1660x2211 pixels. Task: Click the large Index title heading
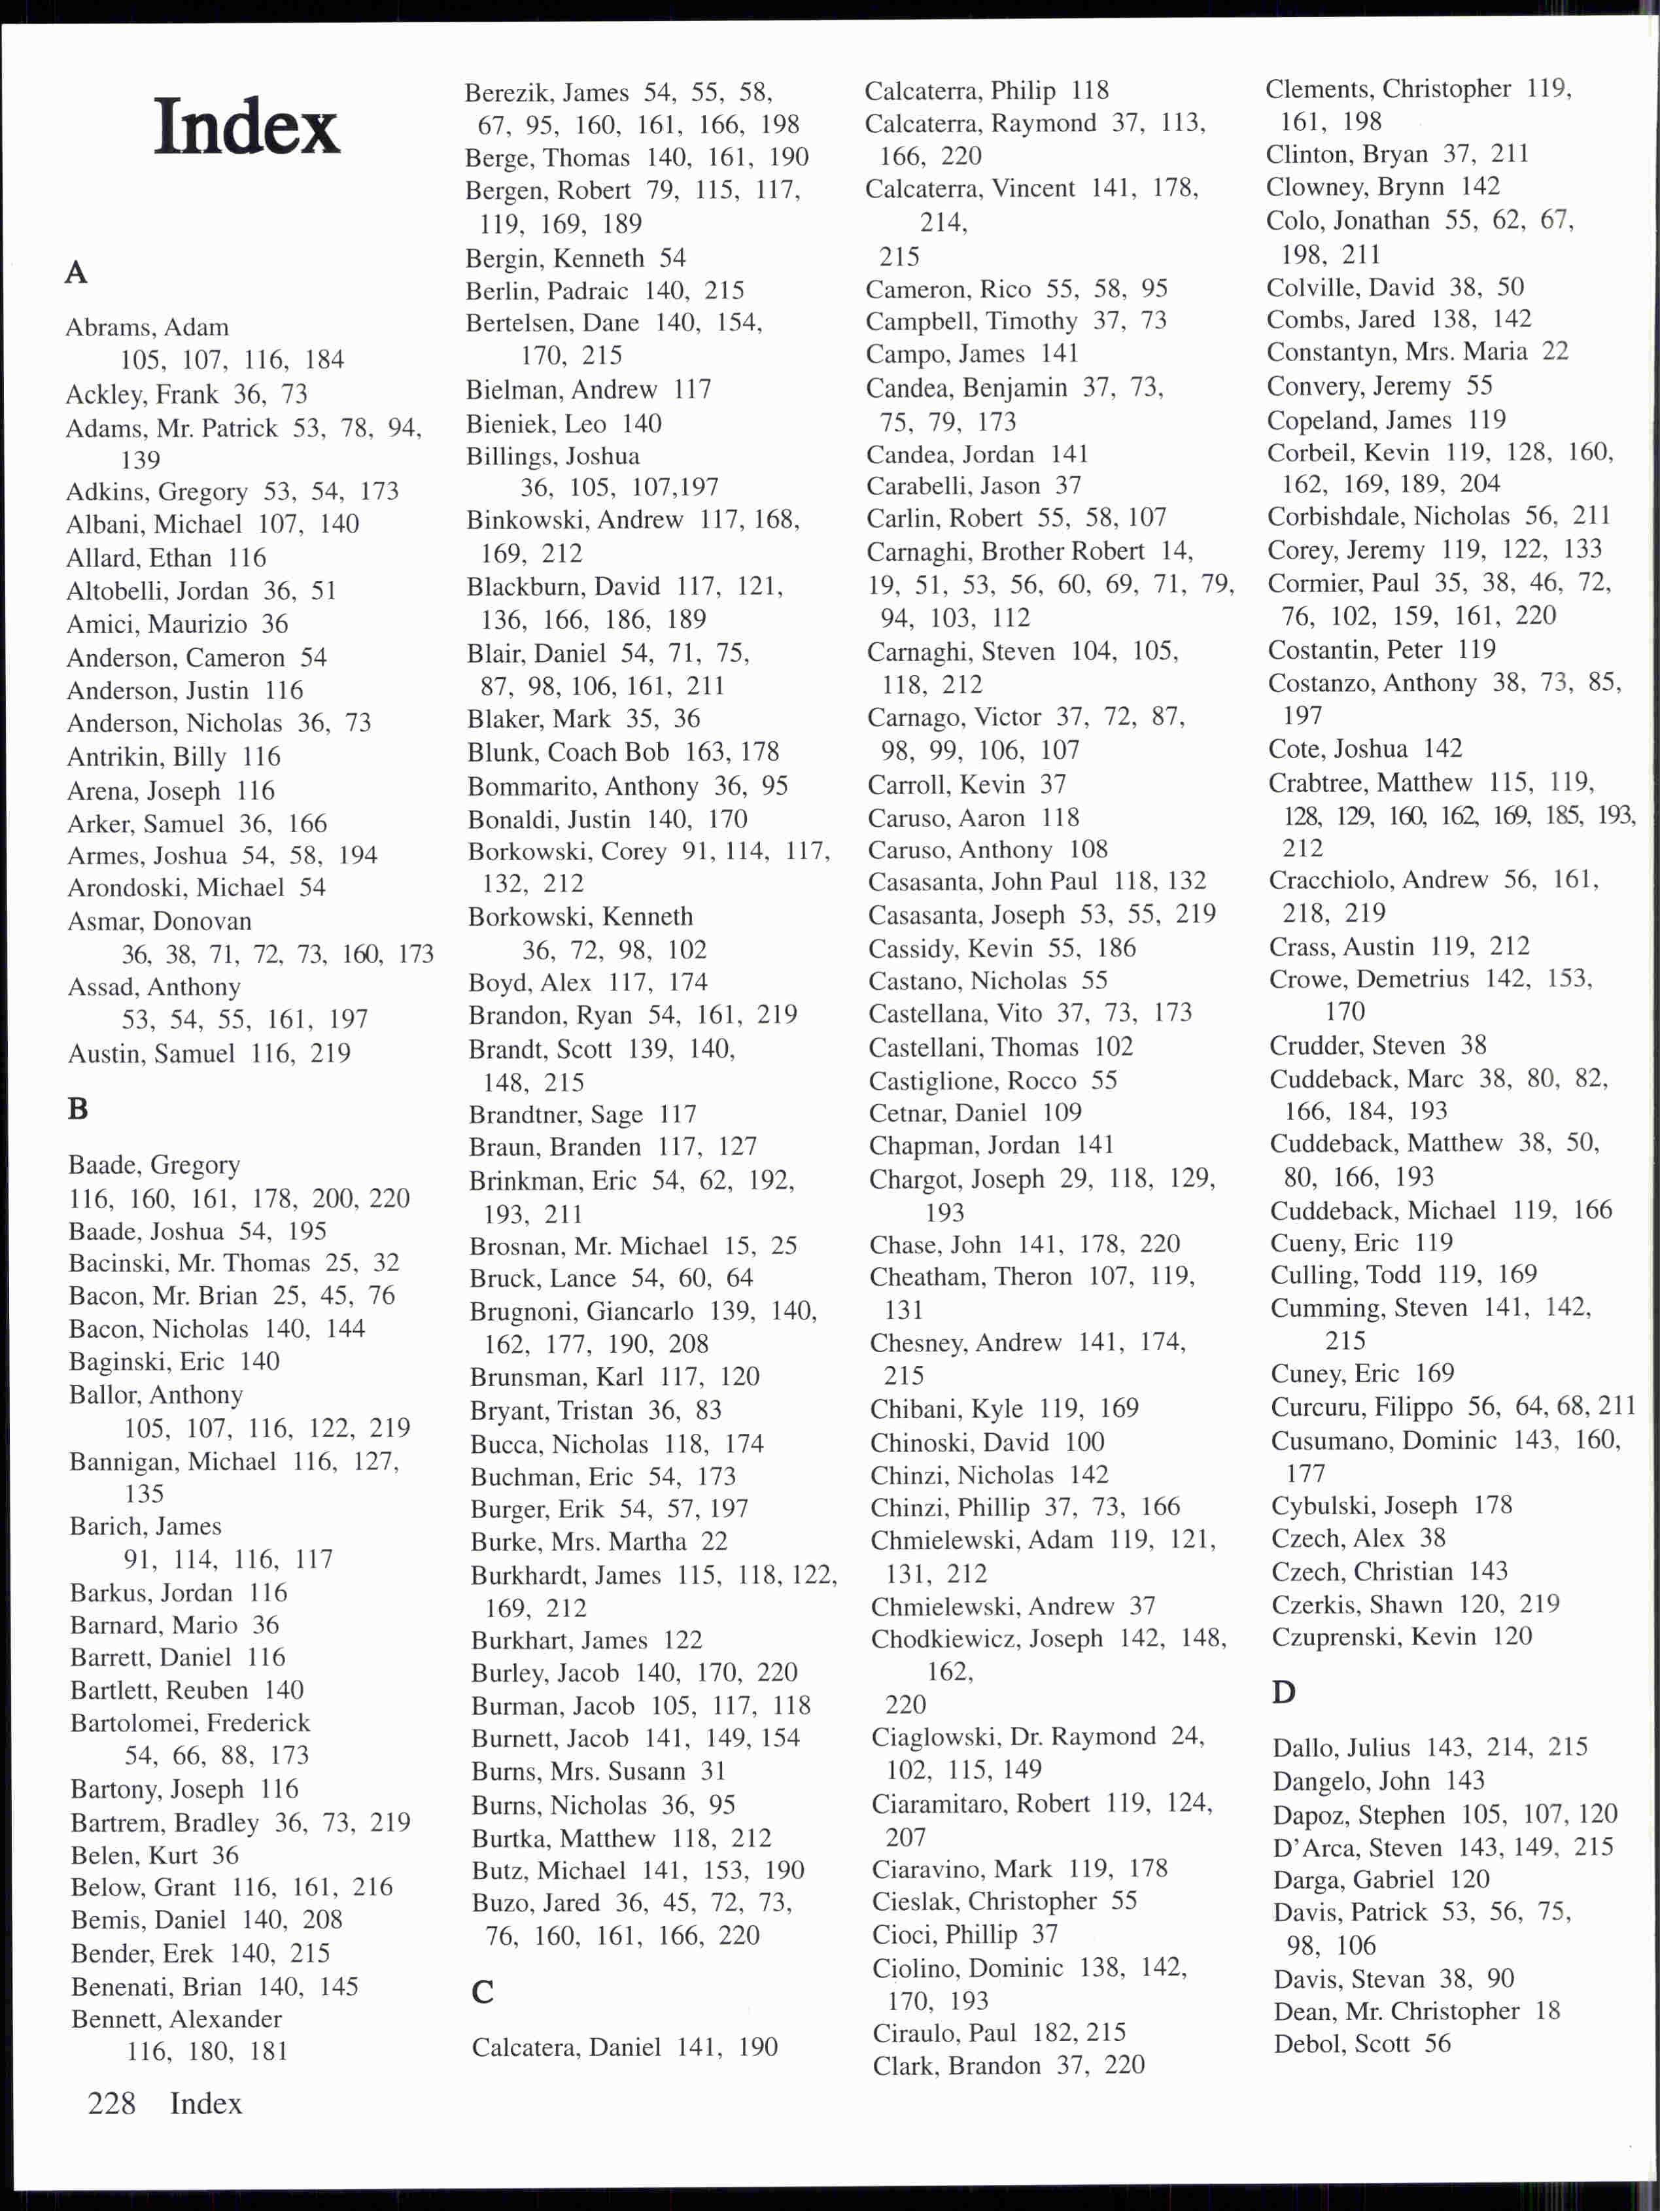[247, 127]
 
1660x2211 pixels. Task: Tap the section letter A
[76, 272]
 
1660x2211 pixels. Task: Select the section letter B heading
[78, 1109]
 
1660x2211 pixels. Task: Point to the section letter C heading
[483, 1992]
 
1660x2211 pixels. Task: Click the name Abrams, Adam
[147, 328]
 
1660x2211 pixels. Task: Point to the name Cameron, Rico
[948, 289]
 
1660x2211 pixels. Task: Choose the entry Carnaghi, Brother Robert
[1005, 551]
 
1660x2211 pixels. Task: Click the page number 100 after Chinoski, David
[1084, 1442]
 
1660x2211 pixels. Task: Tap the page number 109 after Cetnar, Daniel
[1062, 1113]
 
